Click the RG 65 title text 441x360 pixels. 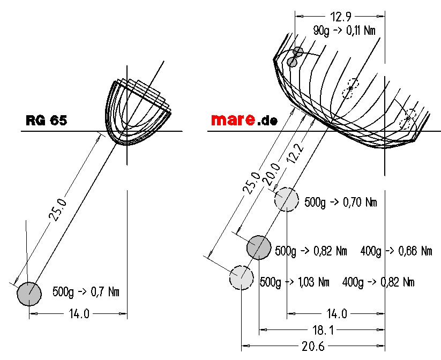pyautogui.click(x=47, y=121)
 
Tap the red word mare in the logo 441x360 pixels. pyautogui.click(x=233, y=120)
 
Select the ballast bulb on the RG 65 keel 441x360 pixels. pyautogui.click(x=29, y=294)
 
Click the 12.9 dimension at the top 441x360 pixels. pyautogui.click(x=341, y=17)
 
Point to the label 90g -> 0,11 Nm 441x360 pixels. pyautogui.click(x=344, y=31)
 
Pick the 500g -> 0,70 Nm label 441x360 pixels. pyautogui.click(x=341, y=202)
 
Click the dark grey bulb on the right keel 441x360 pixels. pyautogui.click(x=259, y=247)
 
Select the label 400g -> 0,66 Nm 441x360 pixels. pyautogui.click(x=396, y=251)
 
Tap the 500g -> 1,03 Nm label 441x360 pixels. pyautogui.click(x=294, y=282)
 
